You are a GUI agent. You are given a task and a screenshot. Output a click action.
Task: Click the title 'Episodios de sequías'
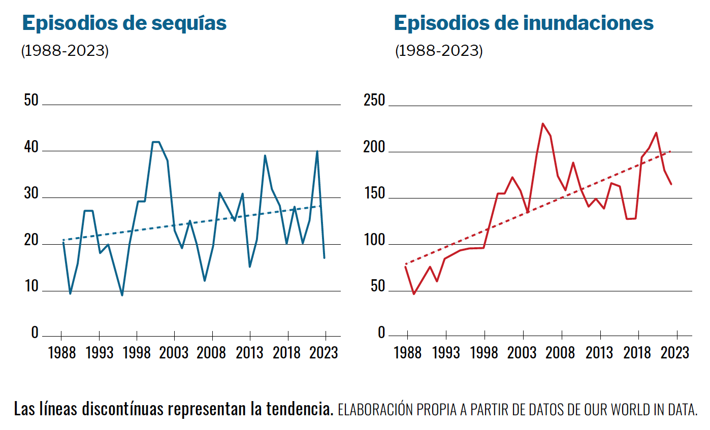coord(124,23)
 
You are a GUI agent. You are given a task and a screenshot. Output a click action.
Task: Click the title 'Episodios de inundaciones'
coord(524,23)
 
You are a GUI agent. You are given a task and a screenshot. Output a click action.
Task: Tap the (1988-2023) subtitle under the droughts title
coord(64,51)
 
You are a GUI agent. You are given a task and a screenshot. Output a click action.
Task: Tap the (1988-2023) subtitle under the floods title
coord(439,51)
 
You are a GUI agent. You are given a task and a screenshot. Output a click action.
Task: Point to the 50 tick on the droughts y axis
coord(31,100)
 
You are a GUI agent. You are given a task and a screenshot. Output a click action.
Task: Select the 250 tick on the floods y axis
coord(375,100)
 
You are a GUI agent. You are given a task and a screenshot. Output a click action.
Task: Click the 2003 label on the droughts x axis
coord(174,353)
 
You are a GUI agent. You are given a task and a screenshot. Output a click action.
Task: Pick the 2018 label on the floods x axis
coord(638,353)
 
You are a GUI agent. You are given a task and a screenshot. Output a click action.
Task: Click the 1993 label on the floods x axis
coord(446,353)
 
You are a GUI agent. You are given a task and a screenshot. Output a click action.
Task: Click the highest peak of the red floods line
coord(542,123)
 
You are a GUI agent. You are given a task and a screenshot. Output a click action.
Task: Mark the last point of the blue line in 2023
coord(324,258)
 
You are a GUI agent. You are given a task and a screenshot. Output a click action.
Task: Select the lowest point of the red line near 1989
coord(414,293)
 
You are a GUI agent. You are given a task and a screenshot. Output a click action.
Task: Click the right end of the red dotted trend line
coord(671,151)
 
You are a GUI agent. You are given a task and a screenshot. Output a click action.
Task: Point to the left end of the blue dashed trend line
coord(63,240)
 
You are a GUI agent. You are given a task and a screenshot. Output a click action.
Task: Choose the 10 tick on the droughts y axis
coord(31,287)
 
